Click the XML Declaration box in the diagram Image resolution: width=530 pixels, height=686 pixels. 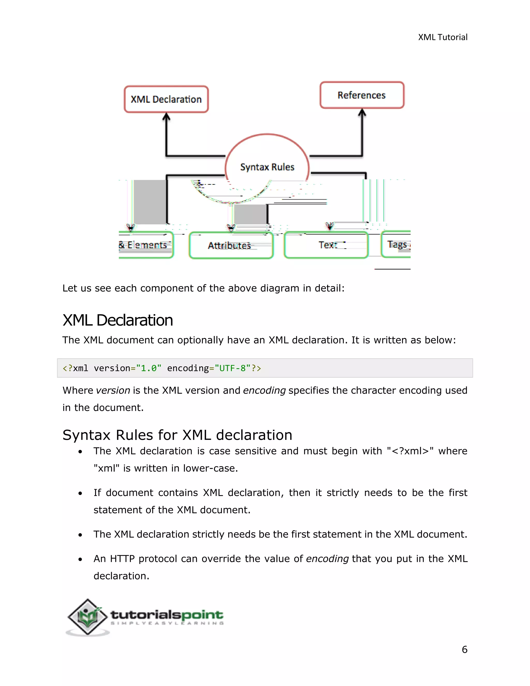pos(166,99)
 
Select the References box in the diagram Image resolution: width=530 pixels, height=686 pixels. pos(362,95)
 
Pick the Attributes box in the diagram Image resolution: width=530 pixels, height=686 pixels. pos(231,245)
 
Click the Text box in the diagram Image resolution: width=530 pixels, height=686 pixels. pos(326,245)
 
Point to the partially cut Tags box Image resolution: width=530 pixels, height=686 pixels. pos(396,244)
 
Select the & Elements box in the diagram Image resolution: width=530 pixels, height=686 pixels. pos(145,245)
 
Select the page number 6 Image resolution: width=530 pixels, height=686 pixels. pos(464,649)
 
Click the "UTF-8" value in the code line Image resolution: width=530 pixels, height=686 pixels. pos(232,368)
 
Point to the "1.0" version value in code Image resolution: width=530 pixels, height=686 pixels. pos(149,368)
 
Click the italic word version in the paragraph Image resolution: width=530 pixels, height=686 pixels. pos(113,390)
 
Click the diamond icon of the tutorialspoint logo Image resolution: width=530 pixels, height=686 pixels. pos(88,617)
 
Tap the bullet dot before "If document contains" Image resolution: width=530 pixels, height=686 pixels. pos(80,493)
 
